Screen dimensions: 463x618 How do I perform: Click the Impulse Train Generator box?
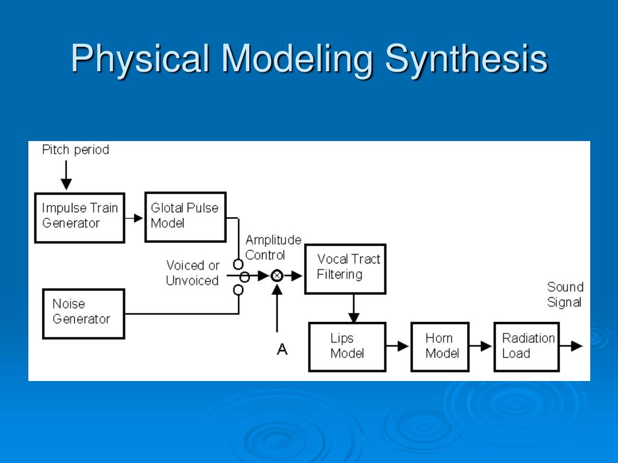[80, 218]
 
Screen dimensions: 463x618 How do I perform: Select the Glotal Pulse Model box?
[185, 216]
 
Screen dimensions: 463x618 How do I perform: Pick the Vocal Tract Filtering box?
[345, 268]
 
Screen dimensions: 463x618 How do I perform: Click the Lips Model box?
[347, 347]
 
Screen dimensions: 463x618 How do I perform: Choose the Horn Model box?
[440, 347]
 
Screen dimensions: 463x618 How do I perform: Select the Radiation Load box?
[526, 347]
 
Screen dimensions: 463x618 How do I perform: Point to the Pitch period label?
[75, 150]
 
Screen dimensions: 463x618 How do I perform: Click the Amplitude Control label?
[273, 247]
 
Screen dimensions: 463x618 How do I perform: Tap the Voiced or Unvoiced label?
[193, 273]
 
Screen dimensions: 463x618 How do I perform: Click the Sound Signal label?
[565, 294]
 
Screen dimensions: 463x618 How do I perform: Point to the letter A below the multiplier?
[282, 349]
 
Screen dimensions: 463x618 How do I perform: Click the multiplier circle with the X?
[277, 276]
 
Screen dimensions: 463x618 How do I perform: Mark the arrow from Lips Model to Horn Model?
[398, 347]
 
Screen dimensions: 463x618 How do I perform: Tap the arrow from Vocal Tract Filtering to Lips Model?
[354, 308]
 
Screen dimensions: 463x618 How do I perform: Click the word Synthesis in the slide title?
[466, 59]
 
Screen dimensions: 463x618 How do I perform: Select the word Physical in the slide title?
[140, 59]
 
